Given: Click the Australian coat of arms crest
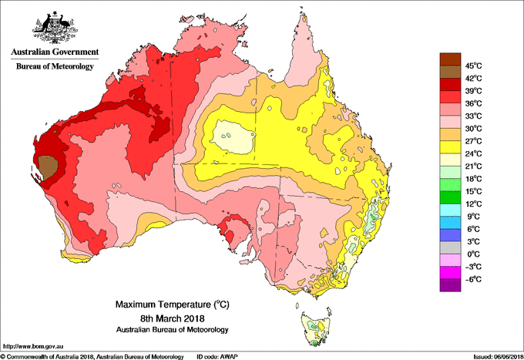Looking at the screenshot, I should coord(54,27).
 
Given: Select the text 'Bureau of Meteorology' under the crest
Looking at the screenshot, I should coord(55,67).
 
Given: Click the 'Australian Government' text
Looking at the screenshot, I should coord(55,52).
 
